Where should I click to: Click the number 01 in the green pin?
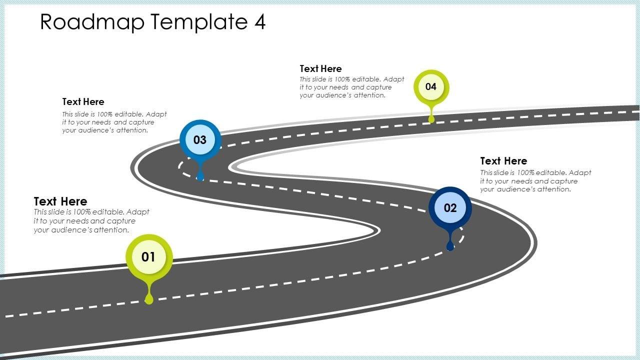[x=148, y=257]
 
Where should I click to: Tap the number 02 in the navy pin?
[x=450, y=208]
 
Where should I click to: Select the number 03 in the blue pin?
[x=200, y=140]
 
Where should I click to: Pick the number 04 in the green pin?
[x=431, y=86]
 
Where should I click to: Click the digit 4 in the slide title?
[x=259, y=22]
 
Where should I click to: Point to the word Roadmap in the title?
[x=92, y=22]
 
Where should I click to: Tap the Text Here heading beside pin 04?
[x=320, y=69]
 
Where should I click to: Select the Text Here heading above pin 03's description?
[x=83, y=102]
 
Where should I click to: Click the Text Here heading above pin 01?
[x=60, y=201]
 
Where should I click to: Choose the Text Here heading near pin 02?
[x=503, y=161]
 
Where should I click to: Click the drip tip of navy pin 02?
[x=450, y=246]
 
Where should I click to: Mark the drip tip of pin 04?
[x=431, y=119]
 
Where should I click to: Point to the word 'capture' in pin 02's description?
[x=563, y=181]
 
